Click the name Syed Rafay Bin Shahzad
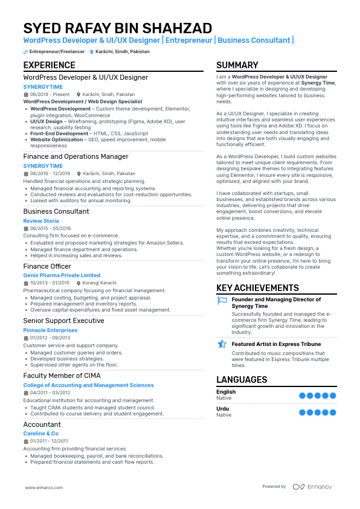point(117,28)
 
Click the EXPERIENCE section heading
point(50,65)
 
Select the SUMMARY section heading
point(237,65)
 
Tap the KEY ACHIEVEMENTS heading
point(257,288)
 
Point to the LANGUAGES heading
point(242,380)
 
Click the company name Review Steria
point(41,221)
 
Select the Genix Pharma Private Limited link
point(62,275)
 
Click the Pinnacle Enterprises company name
point(50,330)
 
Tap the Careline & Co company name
point(40,434)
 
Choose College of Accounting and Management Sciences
point(88,385)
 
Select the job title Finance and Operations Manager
point(76,156)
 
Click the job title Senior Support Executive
point(63,321)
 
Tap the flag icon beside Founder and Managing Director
point(222,300)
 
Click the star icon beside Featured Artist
point(222,344)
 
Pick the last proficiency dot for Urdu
point(333,412)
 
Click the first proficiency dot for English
point(302,395)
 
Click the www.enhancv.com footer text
point(47,487)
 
